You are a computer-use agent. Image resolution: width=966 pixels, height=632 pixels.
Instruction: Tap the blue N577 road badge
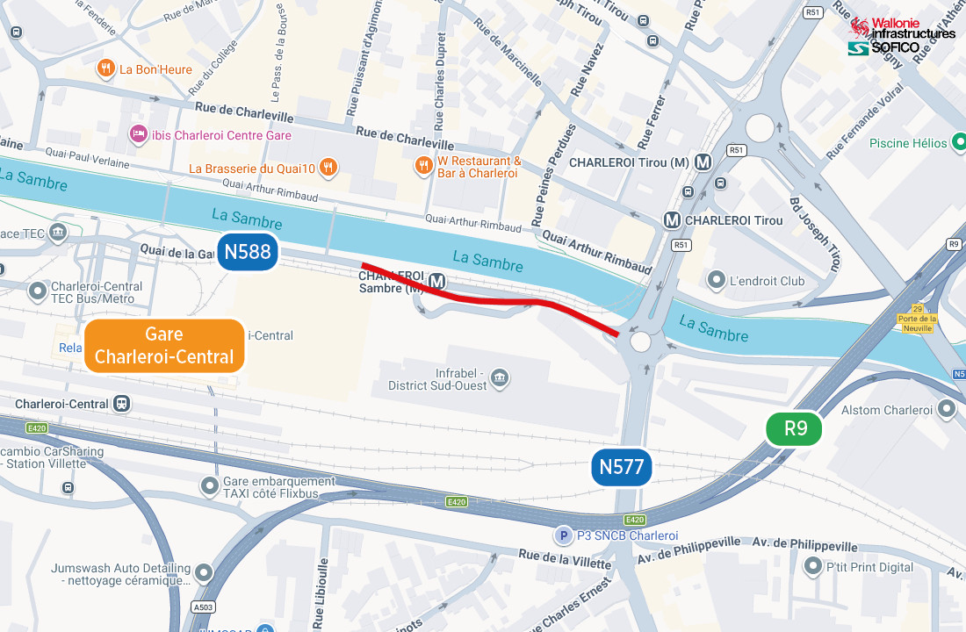coord(622,467)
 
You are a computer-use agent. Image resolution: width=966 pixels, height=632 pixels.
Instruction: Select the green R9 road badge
coord(795,428)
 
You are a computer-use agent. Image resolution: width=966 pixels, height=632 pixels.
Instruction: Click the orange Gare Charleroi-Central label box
coord(164,346)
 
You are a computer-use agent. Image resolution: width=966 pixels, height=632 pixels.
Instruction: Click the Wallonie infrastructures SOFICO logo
coord(902,36)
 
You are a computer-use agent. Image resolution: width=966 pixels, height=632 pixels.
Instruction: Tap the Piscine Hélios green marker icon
coord(959,142)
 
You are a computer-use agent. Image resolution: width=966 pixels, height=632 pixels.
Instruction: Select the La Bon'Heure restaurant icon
coord(106,68)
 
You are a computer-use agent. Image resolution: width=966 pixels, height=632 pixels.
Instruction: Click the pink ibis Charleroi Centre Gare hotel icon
coord(138,134)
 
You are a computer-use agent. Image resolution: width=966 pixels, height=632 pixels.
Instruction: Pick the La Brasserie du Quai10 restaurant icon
coord(328,167)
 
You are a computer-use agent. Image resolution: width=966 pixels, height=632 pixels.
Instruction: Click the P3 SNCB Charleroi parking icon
coord(562,535)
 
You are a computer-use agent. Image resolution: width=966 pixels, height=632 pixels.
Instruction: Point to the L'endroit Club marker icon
coord(717,281)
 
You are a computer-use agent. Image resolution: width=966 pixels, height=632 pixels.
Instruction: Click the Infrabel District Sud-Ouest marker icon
coord(501,378)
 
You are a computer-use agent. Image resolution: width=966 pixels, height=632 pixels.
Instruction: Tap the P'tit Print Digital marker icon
coord(812,566)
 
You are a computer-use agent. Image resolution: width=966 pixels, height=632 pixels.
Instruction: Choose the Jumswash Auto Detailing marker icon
coord(204,574)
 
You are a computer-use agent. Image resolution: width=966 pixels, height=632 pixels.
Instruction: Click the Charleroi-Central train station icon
coord(121,405)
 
